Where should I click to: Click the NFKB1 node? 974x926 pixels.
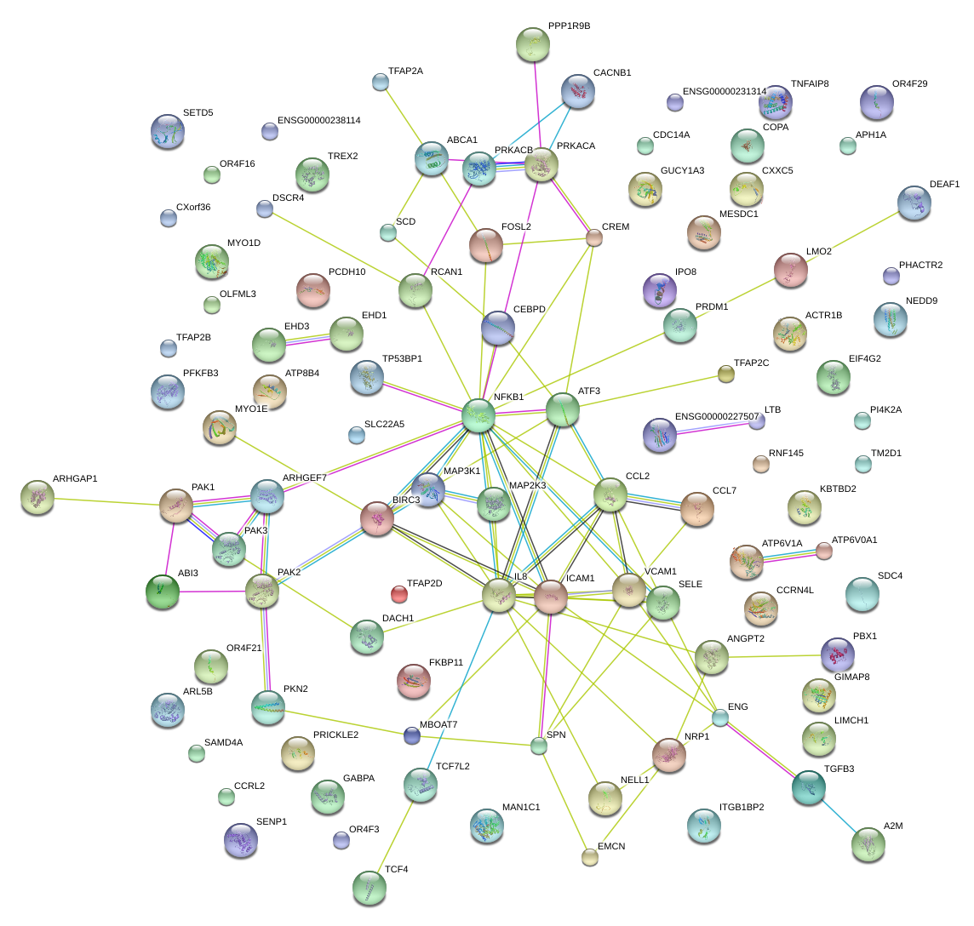tap(478, 414)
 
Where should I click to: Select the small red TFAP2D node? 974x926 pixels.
tap(398, 593)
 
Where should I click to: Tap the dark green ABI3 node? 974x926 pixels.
tap(162, 591)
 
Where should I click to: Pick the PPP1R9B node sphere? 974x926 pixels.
tap(533, 44)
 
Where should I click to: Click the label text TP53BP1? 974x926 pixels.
tap(402, 358)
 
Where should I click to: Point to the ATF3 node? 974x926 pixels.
tap(563, 409)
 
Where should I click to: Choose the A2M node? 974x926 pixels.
tap(868, 844)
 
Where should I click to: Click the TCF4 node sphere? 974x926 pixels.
tap(369, 888)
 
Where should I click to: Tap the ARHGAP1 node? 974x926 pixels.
tap(37, 497)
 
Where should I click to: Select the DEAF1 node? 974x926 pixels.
tap(914, 203)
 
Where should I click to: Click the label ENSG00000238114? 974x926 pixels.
tap(319, 121)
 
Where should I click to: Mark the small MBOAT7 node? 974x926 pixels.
tap(412, 735)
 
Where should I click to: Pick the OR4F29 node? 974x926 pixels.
tap(877, 102)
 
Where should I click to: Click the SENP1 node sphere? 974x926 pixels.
tap(240, 839)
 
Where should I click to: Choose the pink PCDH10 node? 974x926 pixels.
tap(312, 290)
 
